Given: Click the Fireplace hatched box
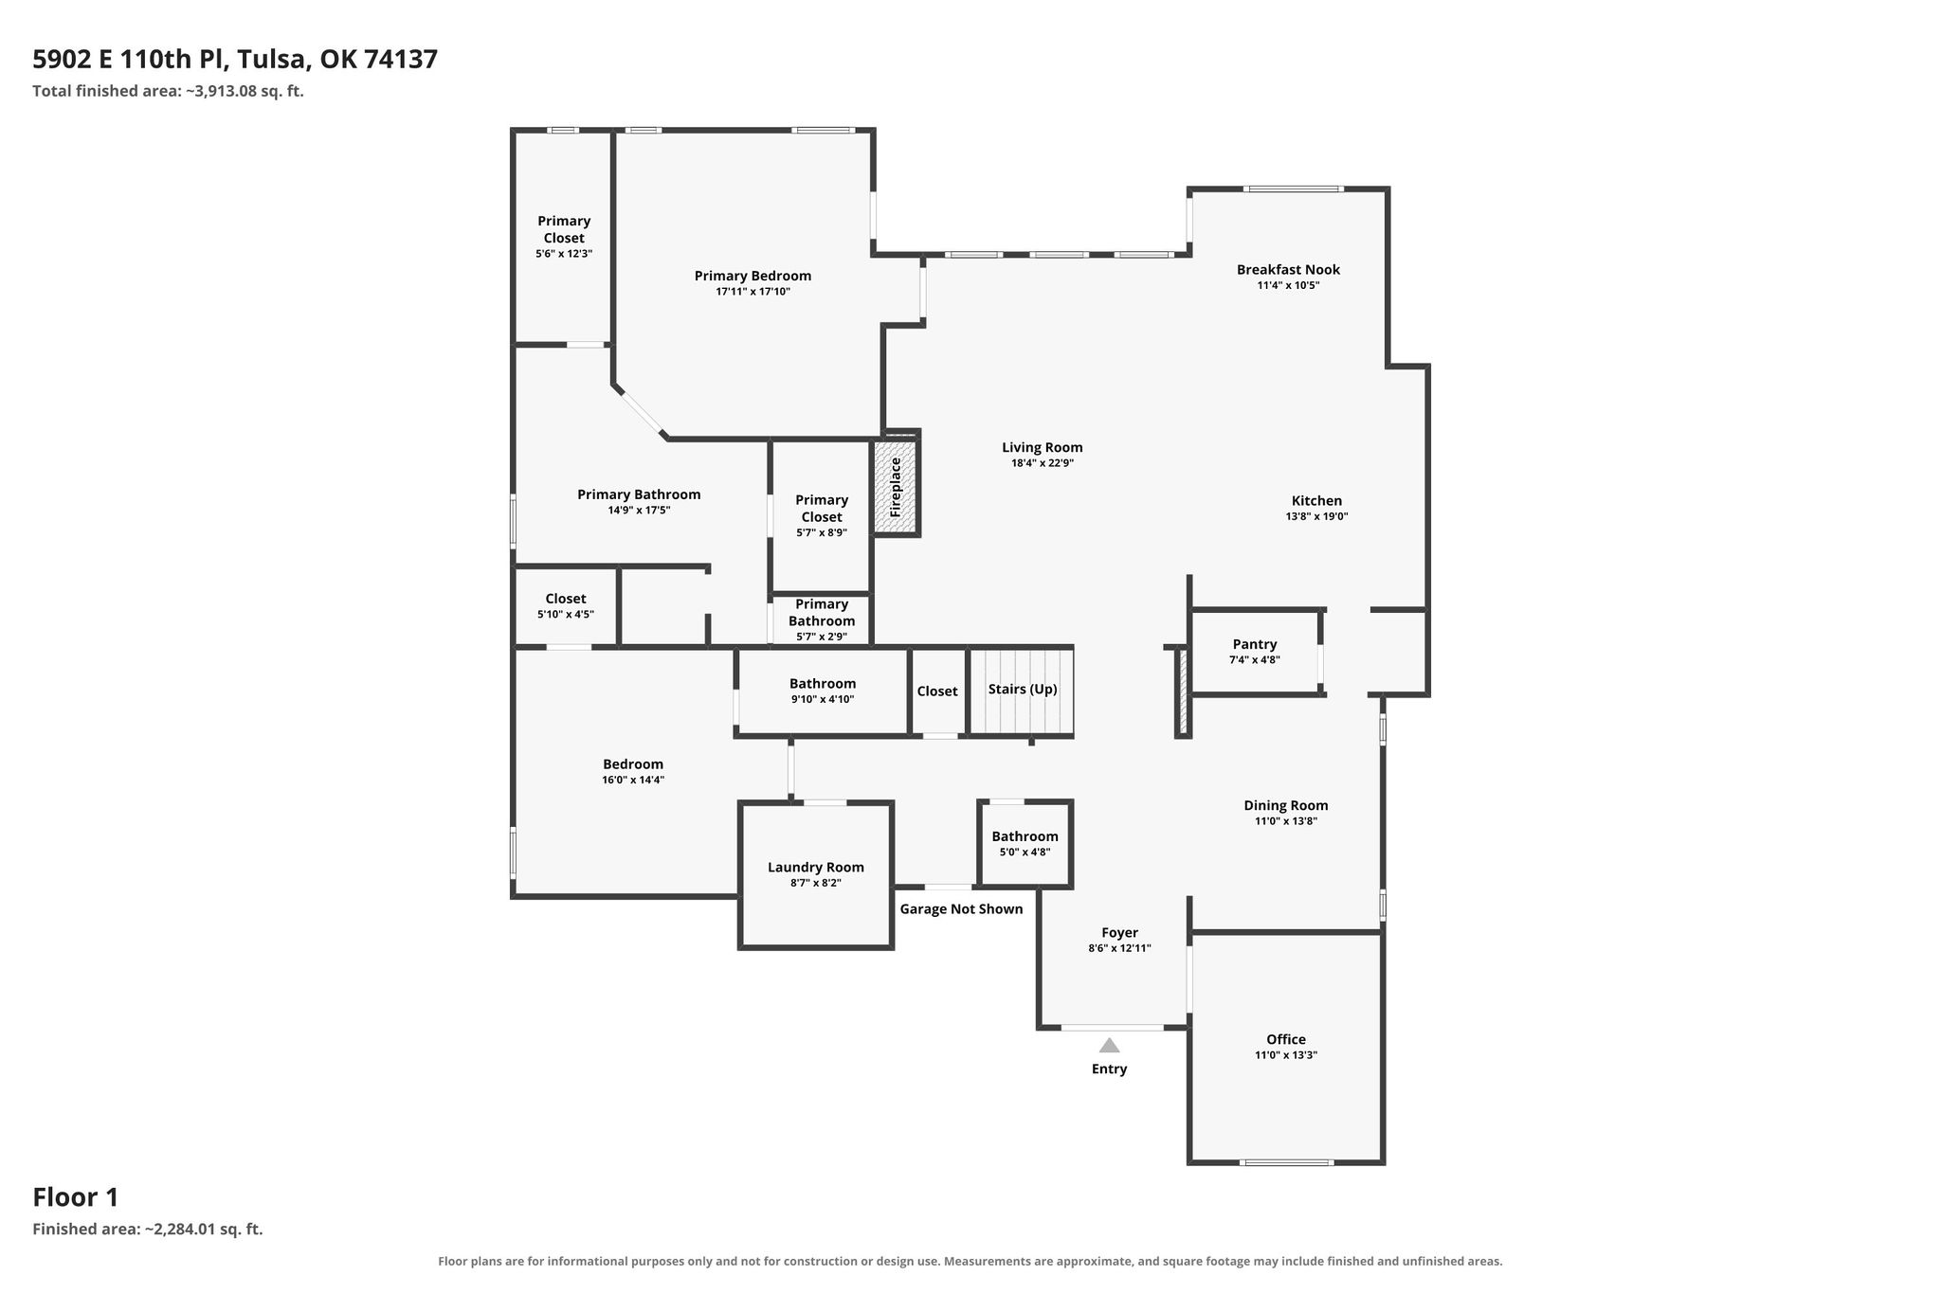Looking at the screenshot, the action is [x=896, y=487].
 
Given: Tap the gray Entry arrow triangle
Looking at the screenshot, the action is [x=1109, y=1046].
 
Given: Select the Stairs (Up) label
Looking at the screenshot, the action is [x=1023, y=689].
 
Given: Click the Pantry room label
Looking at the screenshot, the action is [x=1255, y=644].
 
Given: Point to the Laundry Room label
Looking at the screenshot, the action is [x=816, y=867].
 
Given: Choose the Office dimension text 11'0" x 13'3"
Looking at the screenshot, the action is [x=1286, y=1054].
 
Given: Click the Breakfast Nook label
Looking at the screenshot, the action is [x=1288, y=269].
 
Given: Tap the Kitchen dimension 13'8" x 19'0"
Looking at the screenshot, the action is [x=1316, y=516].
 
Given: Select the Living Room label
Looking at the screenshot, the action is [x=1043, y=447].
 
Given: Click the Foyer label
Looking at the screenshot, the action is [x=1119, y=932].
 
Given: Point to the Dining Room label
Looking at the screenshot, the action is [x=1286, y=805].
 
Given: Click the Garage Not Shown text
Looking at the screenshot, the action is [x=961, y=908].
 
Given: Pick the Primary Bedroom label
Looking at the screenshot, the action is [x=753, y=276].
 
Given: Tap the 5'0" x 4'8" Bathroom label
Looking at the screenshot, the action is [x=1025, y=843].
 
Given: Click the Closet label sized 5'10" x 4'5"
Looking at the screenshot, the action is [x=566, y=605].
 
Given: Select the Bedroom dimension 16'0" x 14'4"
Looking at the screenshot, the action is [x=633, y=780].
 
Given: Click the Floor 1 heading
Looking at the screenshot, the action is [x=76, y=1197].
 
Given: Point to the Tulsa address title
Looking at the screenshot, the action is [x=235, y=60].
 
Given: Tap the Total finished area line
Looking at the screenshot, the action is [x=168, y=91].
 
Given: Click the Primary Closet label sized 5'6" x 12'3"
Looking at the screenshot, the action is [x=564, y=237].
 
